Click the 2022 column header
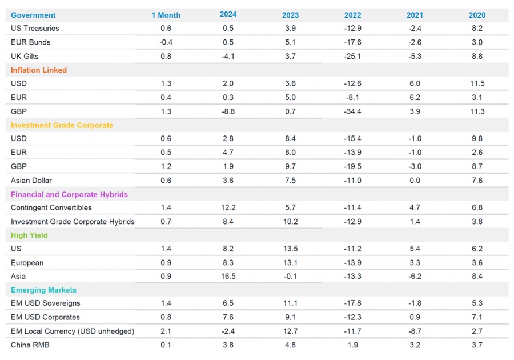(x=353, y=15)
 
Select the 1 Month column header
(x=166, y=15)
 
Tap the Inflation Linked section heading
(x=39, y=70)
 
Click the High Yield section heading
(x=29, y=235)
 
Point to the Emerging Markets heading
(x=43, y=290)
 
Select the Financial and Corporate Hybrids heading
(x=69, y=194)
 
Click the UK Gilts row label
(x=25, y=56)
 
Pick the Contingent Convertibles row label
(x=51, y=207)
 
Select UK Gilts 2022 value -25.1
(x=353, y=56)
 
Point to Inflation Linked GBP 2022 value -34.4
(x=353, y=111)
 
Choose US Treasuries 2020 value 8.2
(x=477, y=28)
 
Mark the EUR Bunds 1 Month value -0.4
(x=166, y=42)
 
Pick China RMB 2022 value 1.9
(x=353, y=345)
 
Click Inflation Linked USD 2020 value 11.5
(x=477, y=83)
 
